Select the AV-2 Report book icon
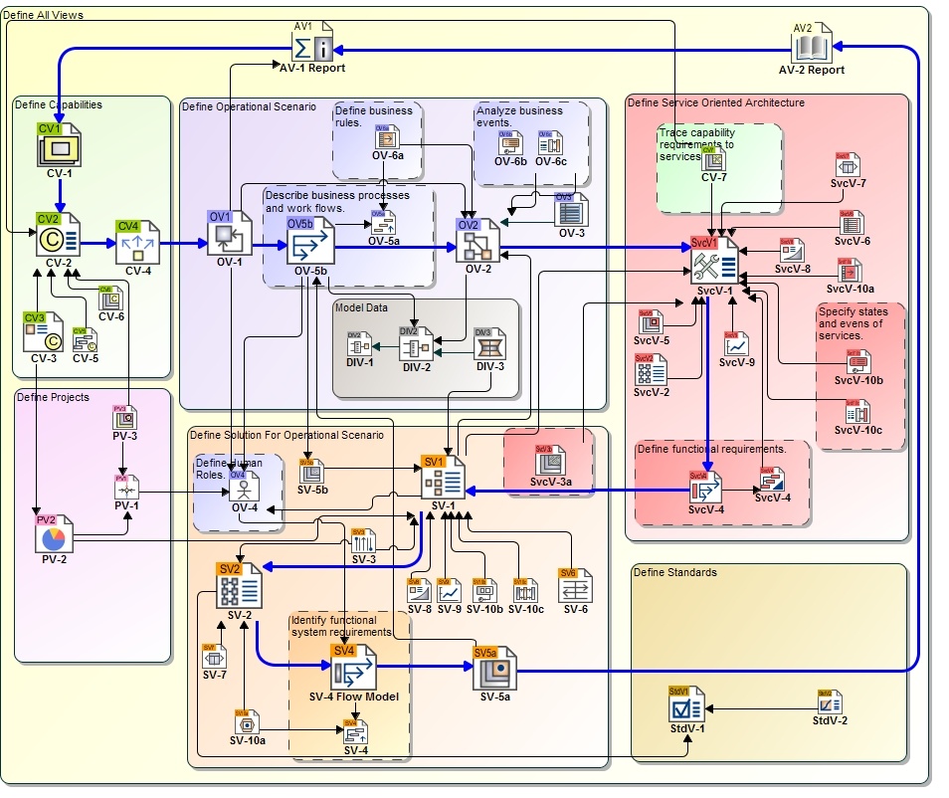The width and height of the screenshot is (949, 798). coord(811,45)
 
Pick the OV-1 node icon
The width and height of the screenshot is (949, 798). coord(229,236)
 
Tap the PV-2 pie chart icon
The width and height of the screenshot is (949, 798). coord(54,538)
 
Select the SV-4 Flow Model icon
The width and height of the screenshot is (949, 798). coord(353,670)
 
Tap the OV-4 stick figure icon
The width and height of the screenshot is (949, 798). coord(245,488)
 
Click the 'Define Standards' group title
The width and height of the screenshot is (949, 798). coord(674,572)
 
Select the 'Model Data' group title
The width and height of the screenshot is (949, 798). coord(361,308)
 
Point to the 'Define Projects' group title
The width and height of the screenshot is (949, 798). coord(53,397)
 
